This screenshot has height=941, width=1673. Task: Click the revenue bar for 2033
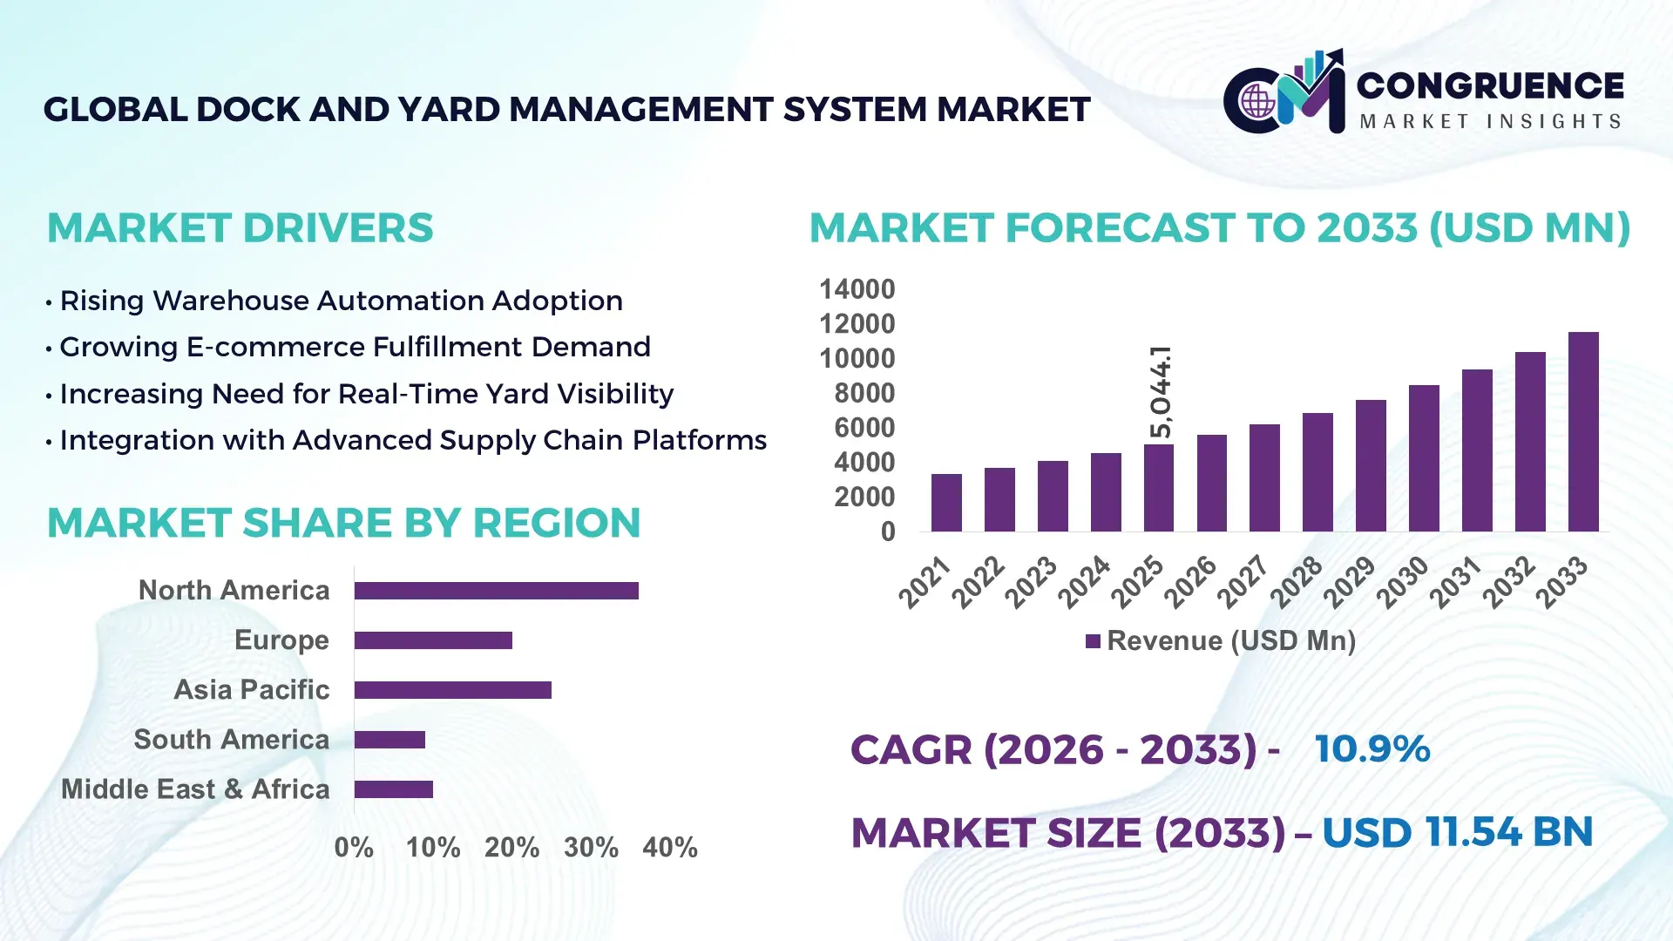1583,432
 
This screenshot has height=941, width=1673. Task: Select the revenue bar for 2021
946,503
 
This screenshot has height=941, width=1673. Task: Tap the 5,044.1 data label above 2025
1161,392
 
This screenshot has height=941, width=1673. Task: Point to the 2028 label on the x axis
1296,582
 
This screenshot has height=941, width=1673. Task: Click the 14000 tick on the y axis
857,289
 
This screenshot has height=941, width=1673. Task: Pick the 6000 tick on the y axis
864,428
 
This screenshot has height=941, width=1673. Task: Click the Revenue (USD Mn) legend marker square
1093,641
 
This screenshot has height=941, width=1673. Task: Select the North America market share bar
496,591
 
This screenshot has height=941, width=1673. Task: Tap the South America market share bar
389,740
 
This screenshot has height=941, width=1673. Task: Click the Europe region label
281,640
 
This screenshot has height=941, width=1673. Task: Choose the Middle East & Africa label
195,789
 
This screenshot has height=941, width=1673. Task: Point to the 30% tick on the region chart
591,847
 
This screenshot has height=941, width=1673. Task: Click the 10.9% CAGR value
1372,749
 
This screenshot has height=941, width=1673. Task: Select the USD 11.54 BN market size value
1457,832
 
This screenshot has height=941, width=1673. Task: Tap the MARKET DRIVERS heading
240,228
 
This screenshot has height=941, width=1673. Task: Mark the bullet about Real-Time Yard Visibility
366,394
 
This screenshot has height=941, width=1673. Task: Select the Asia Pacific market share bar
452,690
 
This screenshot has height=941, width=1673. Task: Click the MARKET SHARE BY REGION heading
343,524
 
